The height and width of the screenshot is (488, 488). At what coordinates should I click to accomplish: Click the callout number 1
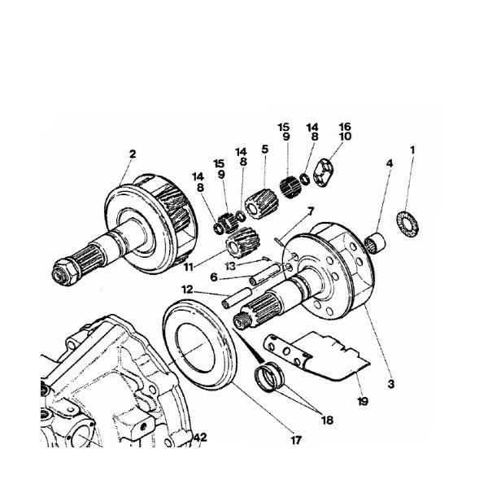[412, 150]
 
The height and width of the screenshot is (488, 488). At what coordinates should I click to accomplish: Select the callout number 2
[132, 154]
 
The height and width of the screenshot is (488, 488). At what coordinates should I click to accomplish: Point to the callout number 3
[390, 383]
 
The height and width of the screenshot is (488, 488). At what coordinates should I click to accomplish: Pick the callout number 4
[390, 163]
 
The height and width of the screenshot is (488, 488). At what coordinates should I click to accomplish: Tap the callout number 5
[264, 150]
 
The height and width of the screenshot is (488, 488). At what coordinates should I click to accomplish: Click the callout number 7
[310, 211]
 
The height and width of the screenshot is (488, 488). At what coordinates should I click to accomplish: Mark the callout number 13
[231, 266]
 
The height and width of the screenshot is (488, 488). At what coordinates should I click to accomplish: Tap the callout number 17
[295, 440]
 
